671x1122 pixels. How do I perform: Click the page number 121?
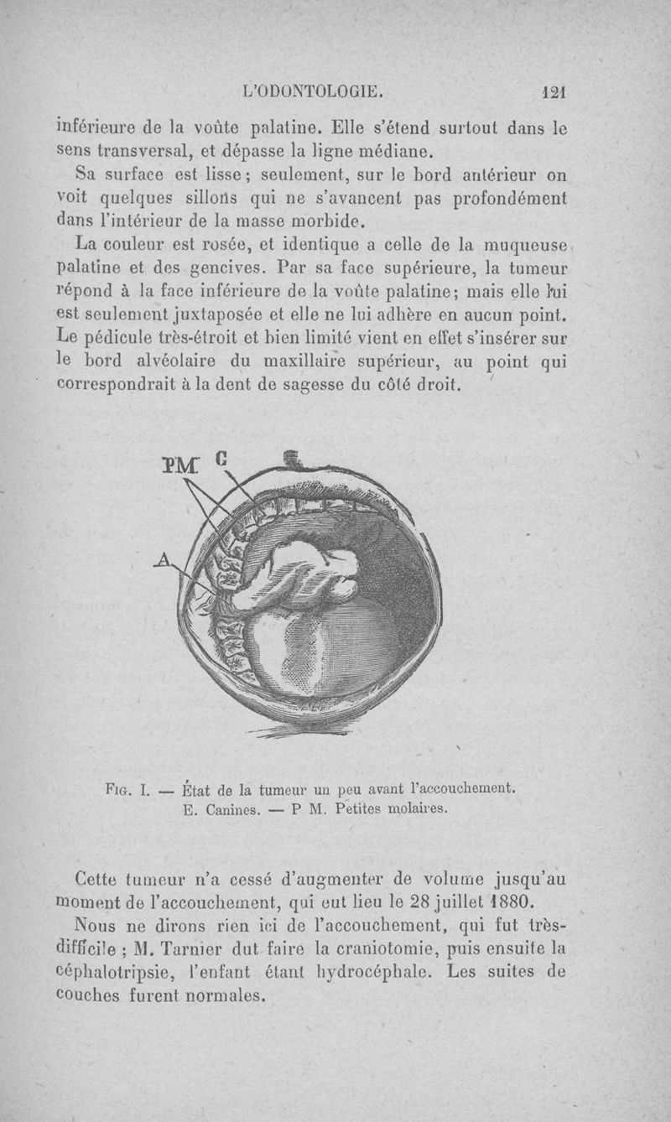tap(554, 92)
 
